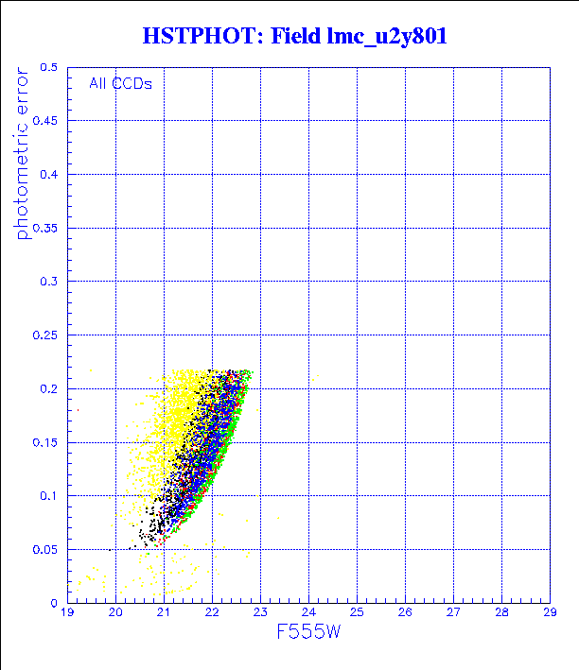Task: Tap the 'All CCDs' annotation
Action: (x=120, y=83)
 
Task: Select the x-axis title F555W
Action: (x=308, y=631)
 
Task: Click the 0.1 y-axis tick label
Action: (x=49, y=496)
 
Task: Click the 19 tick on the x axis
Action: (x=67, y=612)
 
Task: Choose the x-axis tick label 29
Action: (x=550, y=612)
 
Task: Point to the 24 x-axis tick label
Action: (x=308, y=612)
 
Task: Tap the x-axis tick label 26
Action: (x=405, y=612)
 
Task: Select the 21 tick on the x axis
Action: (x=164, y=612)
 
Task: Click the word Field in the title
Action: (x=296, y=37)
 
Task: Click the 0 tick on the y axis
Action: (x=55, y=602)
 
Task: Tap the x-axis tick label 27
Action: (x=453, y=612)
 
